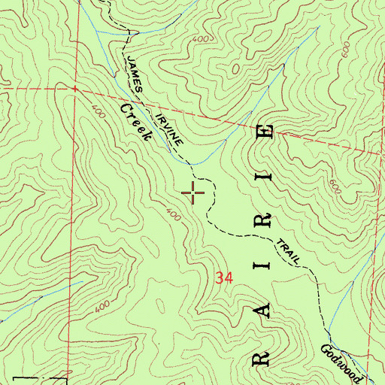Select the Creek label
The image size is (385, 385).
(135, 123)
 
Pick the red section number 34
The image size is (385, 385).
(223, 277)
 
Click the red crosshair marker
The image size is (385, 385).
(194, 193)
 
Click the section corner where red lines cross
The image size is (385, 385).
(74, 88)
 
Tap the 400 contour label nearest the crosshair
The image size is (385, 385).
(174, 217)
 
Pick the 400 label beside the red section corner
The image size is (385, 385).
(97, 111)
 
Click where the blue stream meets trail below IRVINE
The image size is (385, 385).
(190, 164)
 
